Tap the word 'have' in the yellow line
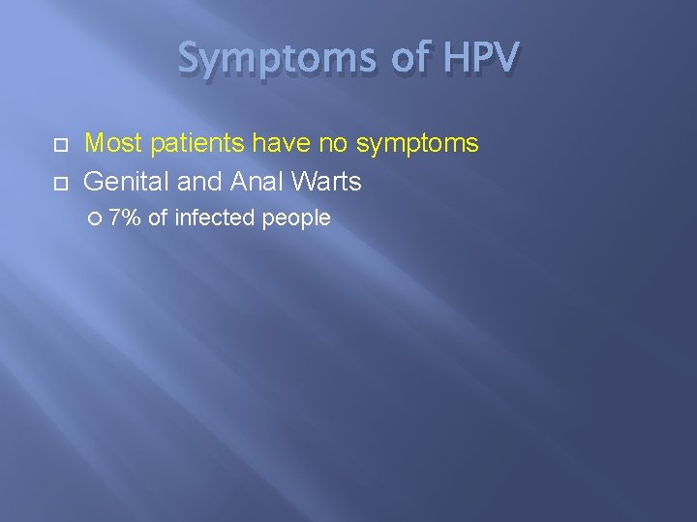pos(283,144)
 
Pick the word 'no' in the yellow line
pos(335,144)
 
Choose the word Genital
pos(123,181)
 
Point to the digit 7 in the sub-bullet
pos(115,218)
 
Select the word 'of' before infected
pos(158,218)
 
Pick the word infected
pos(215,218)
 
